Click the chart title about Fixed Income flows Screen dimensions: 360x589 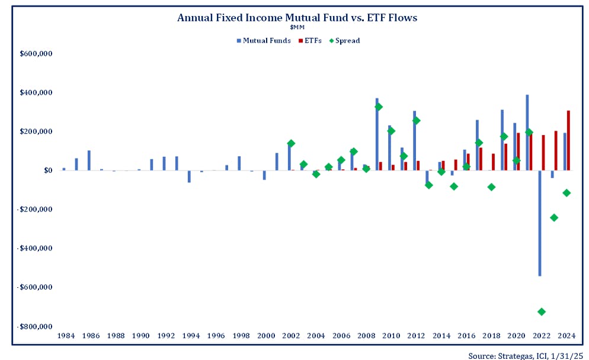297,18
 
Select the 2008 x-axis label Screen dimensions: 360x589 366,336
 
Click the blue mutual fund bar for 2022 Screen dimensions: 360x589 539,223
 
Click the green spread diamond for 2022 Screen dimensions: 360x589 542,311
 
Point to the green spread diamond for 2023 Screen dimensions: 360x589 554,217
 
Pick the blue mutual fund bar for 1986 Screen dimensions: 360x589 89,160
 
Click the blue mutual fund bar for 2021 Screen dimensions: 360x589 527,133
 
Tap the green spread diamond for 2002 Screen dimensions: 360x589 291,143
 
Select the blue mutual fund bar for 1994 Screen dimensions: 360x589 189,176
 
